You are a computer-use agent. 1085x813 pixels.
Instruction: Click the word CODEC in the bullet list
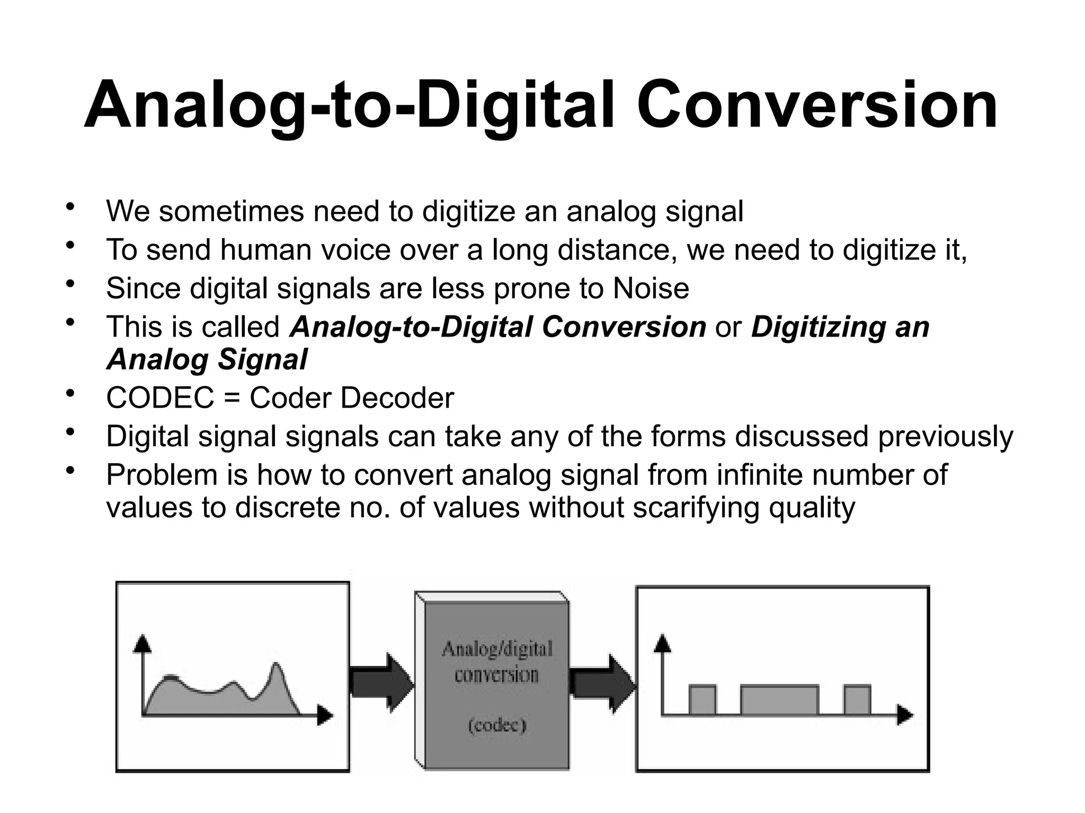[160, 398]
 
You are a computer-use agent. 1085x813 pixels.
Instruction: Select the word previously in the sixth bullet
[945, 437]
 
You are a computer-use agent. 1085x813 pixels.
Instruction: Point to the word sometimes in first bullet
[232, 211]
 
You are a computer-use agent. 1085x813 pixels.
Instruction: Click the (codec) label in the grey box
[497, 725]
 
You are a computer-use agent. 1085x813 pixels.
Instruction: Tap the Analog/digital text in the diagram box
[497, 649]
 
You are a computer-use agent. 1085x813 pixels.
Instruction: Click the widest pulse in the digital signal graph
[779, 700]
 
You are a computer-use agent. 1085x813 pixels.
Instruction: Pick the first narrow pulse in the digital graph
[702, 700]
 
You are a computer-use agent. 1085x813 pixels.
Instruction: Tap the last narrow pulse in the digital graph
[857, 700]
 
